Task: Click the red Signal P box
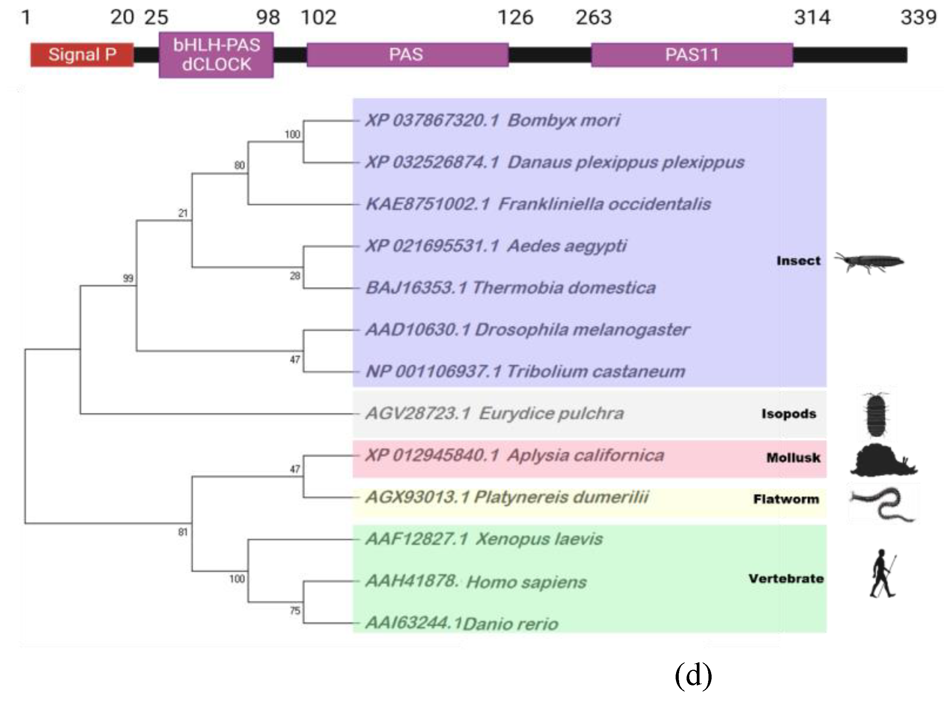(x=82, y=55)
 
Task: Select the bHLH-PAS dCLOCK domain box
(x=216, y=55)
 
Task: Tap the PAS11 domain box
(x=692, y=55)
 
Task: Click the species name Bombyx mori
(x=563, y=120)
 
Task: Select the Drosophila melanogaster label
(x=582, y=330)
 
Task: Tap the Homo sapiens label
(x=526, y=582)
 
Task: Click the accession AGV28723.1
(x=418, y=413)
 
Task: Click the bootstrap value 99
(x=128, y=278)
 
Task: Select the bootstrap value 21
(x=183, y=213)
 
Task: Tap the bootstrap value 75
(x=295, y=611)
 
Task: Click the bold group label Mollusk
(x=793, y=457)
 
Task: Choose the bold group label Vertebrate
(x=786, y=578)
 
